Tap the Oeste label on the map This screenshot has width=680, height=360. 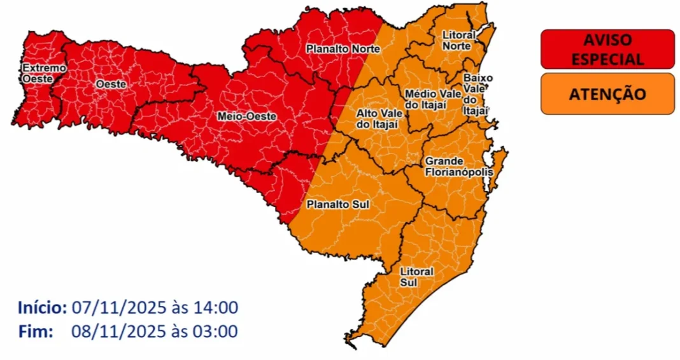tap(110, 84)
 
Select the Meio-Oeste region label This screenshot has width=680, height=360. tap(237, 117)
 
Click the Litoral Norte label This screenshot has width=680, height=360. tap(458, 41)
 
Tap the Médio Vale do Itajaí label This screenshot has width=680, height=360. tap(432, 99)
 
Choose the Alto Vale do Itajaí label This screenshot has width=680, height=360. tap(378, 119)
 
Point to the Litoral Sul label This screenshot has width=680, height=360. tap(417, 277)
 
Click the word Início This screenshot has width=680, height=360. tap(43, 308)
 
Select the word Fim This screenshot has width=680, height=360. tap(33, 332)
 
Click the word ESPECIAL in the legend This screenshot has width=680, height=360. tap(607, 59)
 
